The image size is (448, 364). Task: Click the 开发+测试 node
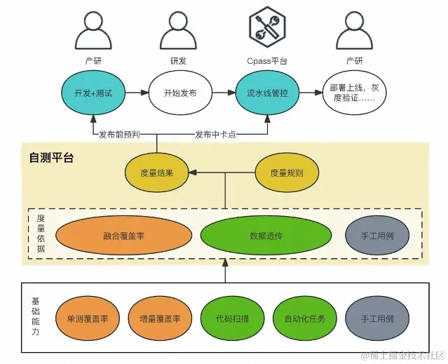(x=93, y=92)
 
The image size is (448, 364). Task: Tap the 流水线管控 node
(x=266, y=92)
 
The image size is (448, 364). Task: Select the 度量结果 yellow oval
(x=158, y=172)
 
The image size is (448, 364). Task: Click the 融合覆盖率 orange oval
(x=123, y=236)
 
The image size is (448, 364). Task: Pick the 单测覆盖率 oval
(x=88, y=318)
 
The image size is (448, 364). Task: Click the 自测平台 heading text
(x=51, y=157)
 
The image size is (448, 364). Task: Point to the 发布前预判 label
(x=123, y=134)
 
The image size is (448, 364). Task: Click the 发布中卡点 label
(x=215, y=134)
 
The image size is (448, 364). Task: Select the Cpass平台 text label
(x=267, y=61)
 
